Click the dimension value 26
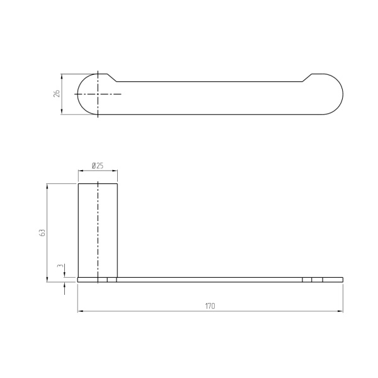point(57,93)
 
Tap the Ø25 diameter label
point(98,166)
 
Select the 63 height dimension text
point(42,232)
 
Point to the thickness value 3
point(60,266)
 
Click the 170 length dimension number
point(210,306)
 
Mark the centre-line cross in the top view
point(98,94)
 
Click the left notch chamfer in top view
point(112,77)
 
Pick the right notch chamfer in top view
point(307,77)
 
